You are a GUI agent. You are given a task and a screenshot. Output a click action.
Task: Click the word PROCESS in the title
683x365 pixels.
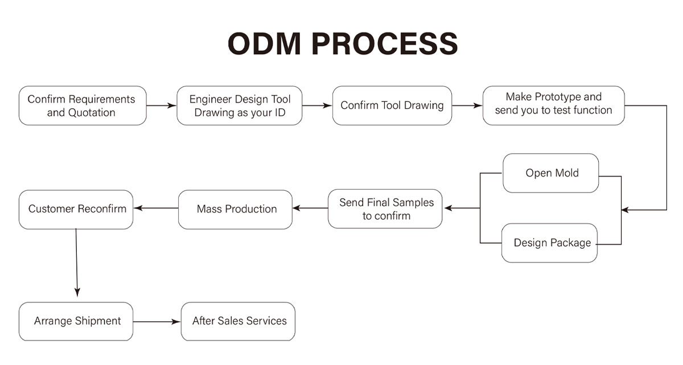point(385,44)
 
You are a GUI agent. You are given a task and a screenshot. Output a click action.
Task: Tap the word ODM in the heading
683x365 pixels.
point(264,44)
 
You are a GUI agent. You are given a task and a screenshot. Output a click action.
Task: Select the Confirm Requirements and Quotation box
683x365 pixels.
point(83,105)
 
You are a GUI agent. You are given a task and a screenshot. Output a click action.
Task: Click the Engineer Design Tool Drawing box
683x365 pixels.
point(240,105)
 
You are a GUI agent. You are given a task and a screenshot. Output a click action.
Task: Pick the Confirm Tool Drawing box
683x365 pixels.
point(392,105)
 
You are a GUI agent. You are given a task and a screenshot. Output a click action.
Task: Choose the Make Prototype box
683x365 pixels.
point(554,105)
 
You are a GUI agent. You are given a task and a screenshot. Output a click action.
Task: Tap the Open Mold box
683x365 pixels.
point(551,173)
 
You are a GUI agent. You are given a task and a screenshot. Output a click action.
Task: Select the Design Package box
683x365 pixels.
point(549,243)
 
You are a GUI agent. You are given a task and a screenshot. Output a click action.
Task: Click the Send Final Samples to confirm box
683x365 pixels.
point(385,209)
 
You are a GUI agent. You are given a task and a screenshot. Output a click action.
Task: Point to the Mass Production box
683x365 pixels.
point(235,210)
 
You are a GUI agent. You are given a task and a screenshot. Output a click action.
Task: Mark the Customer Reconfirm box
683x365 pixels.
point(76,210)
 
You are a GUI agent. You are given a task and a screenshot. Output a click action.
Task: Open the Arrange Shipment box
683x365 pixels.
point(76,321)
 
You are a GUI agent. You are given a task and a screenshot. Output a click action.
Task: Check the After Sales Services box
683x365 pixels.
point(238,321)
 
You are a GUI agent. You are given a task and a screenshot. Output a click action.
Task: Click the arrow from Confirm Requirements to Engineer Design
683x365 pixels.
point(162,105)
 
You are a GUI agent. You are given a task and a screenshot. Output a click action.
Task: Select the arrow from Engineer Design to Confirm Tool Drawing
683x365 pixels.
point(317,105)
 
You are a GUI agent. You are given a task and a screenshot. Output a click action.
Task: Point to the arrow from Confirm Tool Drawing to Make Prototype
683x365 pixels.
point(467,105)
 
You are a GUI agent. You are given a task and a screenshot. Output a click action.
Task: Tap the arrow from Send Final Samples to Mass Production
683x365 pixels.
point(310,208)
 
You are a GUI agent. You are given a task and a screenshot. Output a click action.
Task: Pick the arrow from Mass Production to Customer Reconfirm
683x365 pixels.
point(156,208)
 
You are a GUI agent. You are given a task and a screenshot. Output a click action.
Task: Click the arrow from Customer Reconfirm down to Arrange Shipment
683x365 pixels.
point(76,263)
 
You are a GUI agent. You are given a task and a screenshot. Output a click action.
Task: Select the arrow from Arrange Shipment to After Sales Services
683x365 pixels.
point(157,322)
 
